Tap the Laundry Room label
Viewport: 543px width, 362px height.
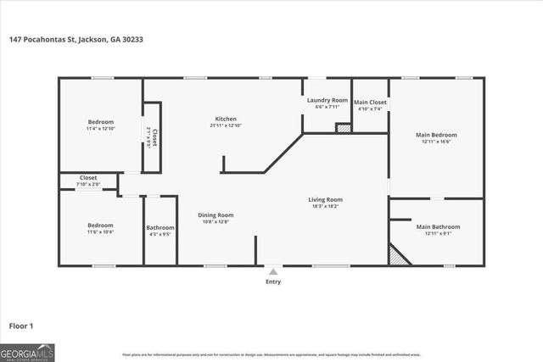click(x=327, y=100)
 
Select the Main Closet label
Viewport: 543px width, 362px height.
click(x=370, y=103)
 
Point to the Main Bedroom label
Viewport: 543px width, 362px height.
click(x=435, y=135)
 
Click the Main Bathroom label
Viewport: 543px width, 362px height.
click(x=438, y=227)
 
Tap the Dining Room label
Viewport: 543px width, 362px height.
click(x=216, y=215)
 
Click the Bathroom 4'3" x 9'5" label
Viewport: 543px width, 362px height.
click(x=160, y=228)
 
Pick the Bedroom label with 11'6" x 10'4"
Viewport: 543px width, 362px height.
click(x=99, y=226)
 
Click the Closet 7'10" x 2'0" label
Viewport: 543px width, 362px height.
click(x=88, y=178)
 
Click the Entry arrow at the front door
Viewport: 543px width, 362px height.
click(x=272, y=272)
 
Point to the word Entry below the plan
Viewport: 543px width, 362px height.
click(x=272, y=282)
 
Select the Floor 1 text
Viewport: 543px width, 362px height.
click(x=21, y=325)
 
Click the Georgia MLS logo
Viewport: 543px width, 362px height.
click(x=27, y=352)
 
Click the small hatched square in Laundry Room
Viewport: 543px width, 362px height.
click(x=343, y=128)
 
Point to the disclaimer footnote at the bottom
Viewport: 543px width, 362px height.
click(x=271, y=354)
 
